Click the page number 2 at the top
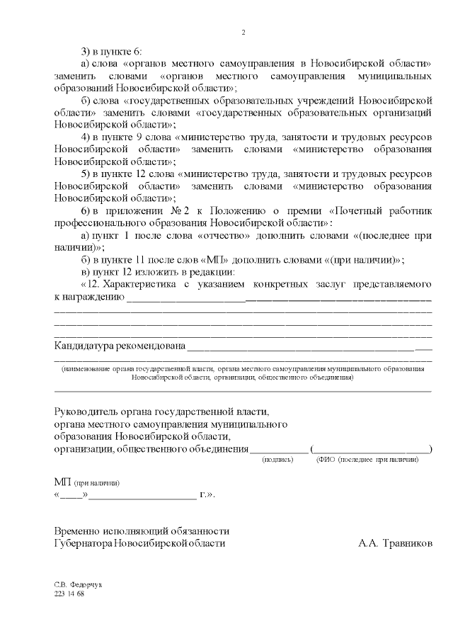coord(243,32)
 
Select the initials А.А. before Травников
coord(368,543)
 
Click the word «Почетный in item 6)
coord(353,210)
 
